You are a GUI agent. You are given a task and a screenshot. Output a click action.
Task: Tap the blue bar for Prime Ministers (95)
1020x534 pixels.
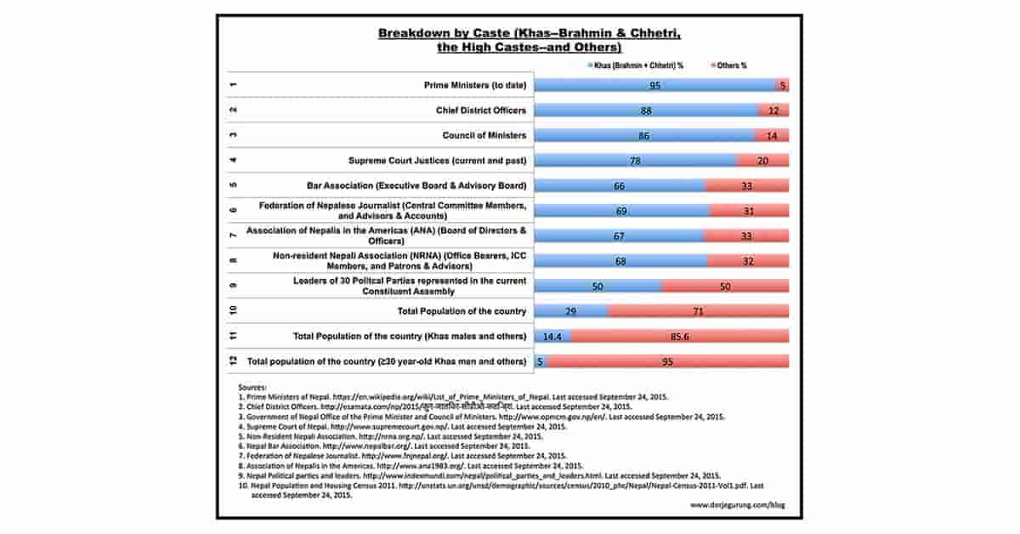[654, 86]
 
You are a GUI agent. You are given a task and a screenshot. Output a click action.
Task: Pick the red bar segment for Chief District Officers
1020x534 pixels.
[773, 111]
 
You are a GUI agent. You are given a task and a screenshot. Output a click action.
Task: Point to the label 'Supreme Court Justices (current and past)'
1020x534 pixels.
[438, 161]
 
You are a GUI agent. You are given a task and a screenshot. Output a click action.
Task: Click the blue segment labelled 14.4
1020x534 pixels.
[552, 337]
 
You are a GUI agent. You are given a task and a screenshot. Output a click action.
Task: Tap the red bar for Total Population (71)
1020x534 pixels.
[698, 311]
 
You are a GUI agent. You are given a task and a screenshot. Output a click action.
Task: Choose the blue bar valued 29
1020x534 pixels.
[570, 311]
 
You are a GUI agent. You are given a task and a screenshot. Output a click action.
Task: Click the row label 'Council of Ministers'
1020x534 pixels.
[484, 135]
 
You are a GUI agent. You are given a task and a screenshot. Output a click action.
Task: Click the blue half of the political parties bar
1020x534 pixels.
[598, 287]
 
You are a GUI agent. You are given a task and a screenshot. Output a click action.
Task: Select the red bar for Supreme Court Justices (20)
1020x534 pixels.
[762, 161]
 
